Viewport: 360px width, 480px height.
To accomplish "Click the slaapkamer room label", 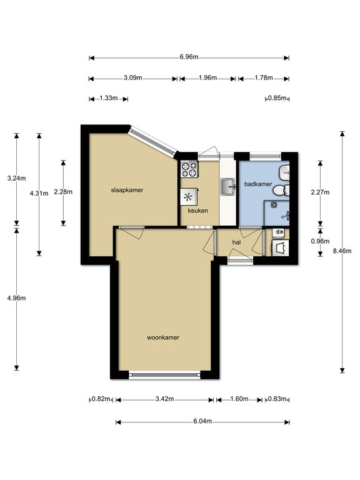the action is (127, 190).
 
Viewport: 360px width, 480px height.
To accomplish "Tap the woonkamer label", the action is (163, 337).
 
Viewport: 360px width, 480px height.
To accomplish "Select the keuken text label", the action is (197, 211).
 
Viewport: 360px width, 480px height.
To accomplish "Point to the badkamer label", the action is (258, 184).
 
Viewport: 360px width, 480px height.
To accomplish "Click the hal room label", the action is (236, 242).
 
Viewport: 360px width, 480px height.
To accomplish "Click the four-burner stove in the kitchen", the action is (189, 169).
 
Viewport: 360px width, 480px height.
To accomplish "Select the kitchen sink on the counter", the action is (227, 186).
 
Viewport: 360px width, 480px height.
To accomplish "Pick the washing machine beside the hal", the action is (280, 248).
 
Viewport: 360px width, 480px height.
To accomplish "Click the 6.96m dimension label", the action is (189, 57).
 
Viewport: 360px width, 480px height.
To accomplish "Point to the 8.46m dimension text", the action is (342, 251).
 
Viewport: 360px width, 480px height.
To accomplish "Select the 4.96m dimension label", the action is (16, 298).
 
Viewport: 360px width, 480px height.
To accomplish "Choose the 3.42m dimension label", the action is (165, 399).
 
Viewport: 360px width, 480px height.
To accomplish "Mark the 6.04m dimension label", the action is (202, 421).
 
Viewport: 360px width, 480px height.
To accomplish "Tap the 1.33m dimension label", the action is (109, 98).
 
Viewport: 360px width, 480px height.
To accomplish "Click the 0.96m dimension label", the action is (320, 241).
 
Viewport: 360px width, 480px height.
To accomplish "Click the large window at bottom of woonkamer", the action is (164, 375).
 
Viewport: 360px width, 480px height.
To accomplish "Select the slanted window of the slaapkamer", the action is (152, 141).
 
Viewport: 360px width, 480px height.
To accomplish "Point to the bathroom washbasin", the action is (284, 173).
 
